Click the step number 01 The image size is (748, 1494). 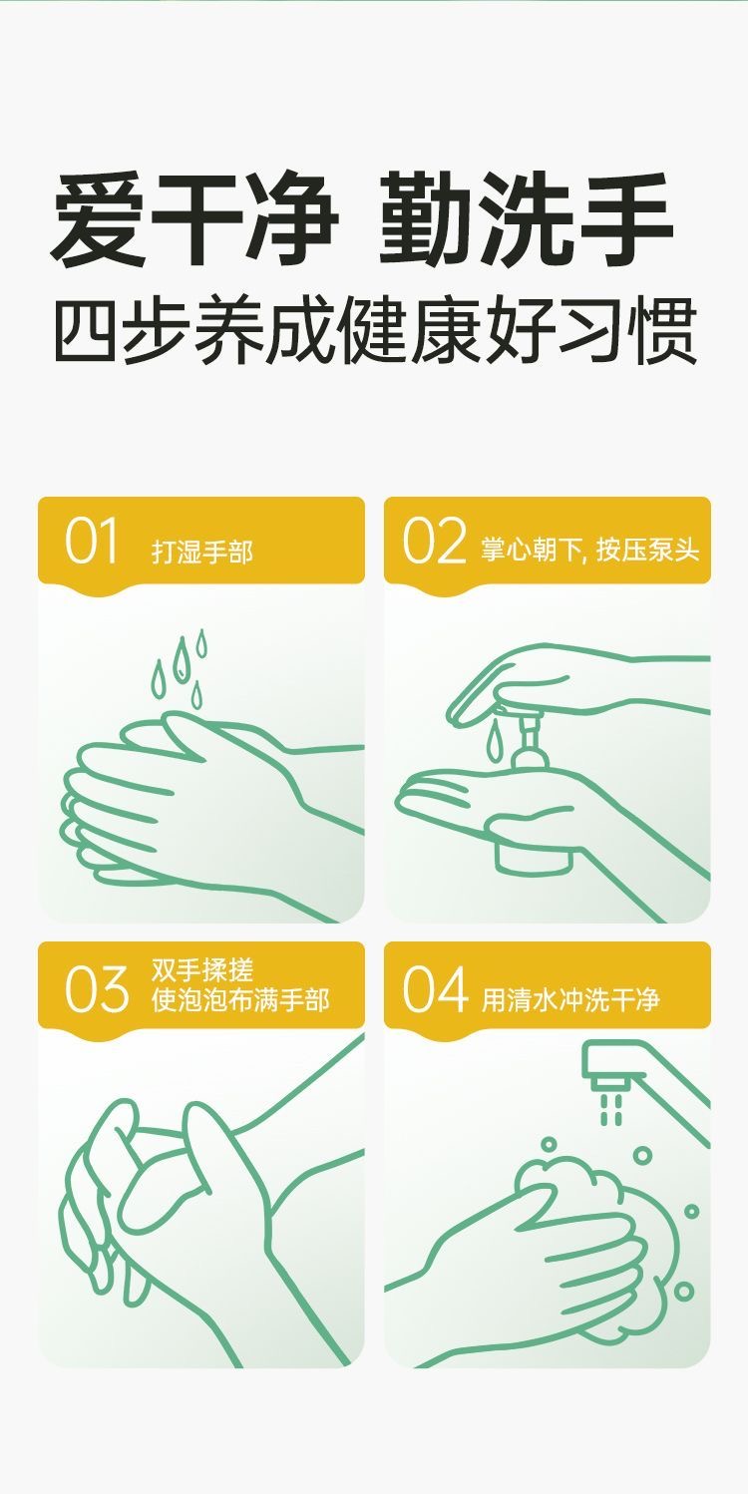point(91,540)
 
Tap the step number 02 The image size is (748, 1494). point(434,540)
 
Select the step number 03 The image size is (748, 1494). point(96,987)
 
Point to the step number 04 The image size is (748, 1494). point(435,987)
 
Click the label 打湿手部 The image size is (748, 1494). point(202,552)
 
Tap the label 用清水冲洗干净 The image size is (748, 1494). point(571,999)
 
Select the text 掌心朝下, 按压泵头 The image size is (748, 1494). point(589,551)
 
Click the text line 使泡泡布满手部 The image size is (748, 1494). point(241,999)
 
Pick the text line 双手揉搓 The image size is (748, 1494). point(202,970)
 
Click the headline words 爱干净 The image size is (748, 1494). point(193,218)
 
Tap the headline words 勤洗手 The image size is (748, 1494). point(526,218)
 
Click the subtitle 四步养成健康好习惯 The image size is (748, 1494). point(375,331)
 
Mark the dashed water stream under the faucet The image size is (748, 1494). point(611,1108)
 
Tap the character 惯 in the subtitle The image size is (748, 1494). point(664,331)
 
